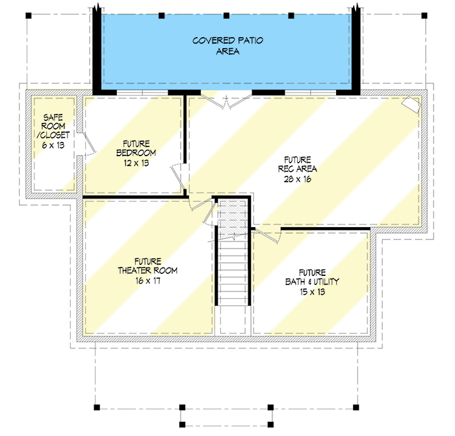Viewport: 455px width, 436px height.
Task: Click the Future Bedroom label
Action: click(x=133, y=148)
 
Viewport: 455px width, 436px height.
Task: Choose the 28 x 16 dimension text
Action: click(x=298, y=179)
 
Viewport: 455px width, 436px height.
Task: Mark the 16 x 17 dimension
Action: click(x=147, y=281)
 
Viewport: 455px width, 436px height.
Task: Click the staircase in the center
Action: click(x=233, y=260)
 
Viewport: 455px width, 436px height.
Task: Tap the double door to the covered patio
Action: click(x=224, y=101)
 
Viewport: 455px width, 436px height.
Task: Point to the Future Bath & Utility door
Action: click(x=265, y=234)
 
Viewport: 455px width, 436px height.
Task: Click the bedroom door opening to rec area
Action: click(x=177, y=175)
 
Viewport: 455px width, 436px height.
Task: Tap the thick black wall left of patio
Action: click(x=96, y=49)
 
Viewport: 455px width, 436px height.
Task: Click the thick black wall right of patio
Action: click(x=356, y=49)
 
